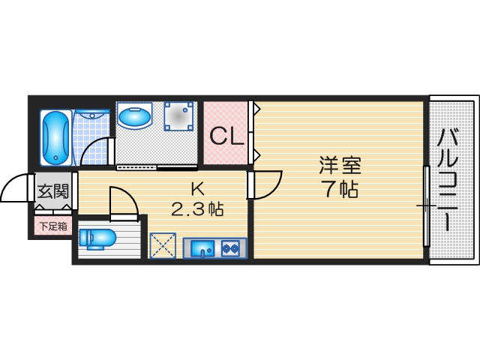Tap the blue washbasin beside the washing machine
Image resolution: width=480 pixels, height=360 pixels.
click(136, 117)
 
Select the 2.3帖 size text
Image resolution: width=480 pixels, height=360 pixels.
click(197, 208)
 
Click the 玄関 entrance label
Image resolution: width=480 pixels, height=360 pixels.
click(53, 190)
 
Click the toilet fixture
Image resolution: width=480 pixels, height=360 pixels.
click(95, 238)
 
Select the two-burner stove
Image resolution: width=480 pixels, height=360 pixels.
click(230, 247)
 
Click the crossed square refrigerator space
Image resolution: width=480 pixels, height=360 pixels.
click(162, 246)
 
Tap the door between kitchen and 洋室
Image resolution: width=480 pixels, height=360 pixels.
click(264, 184)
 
